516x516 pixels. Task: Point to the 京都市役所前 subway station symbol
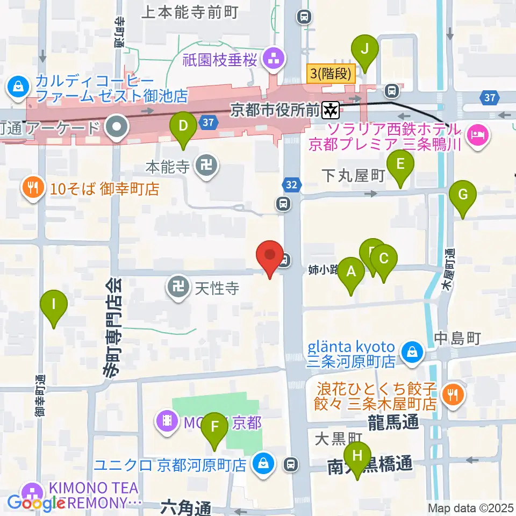pyautogui.click(x=330, y=110)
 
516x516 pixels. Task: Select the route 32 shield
pyautogui.click(x=291, y=185)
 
